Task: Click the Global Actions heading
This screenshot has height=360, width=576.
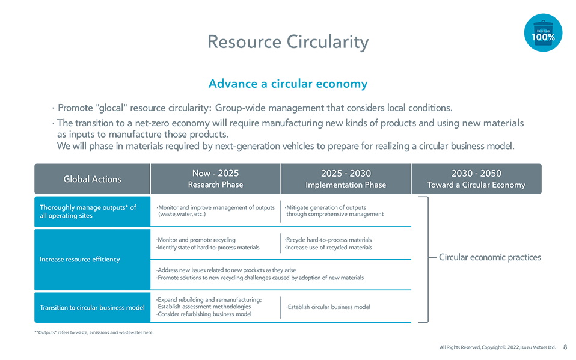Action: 92,179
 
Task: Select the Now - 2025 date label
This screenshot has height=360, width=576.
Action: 215,174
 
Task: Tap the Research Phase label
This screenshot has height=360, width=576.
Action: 215,185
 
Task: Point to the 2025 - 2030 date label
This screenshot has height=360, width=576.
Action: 346,174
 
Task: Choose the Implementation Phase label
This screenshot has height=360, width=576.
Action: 346,185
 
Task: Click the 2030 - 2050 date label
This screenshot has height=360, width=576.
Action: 476,174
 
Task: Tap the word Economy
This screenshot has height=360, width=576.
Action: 507,185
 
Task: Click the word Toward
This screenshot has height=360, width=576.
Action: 440,185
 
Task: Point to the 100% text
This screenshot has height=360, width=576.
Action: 543,37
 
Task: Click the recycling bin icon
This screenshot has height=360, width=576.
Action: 543,29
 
